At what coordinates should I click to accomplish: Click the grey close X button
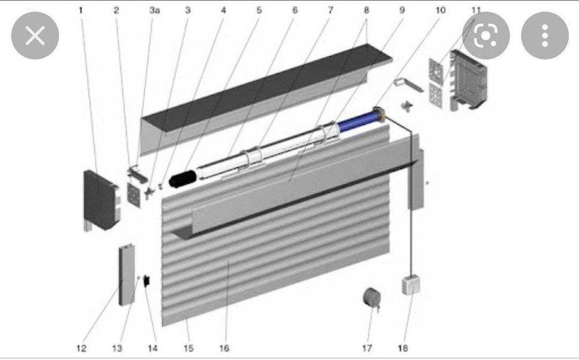click(x=35, y=35)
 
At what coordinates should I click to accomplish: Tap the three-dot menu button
click(x=545, y=35)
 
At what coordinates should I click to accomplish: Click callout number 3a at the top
click(x=155, y=10)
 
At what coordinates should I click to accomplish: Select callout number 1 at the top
click(x=81, y=10)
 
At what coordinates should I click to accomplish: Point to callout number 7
click(x=331, y=10)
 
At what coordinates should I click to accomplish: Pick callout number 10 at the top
click(x=441, y=10)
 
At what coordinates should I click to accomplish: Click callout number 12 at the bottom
click(x=81, y=348)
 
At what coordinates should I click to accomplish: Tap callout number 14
click(x=152, y=348)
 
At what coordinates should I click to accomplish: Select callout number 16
click(x=224, y=348)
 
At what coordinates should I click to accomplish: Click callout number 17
click(x=367, y=348)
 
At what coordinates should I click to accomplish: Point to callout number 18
click(x=403, y=348)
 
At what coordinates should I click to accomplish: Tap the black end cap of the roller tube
click(x=182, y=179)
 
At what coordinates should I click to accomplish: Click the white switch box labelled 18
click(x=411, y=285)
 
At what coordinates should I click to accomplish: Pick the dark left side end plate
click(x=100, y=200)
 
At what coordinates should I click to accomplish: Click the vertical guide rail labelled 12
click(x=127, y=275)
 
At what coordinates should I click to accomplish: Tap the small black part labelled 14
click(x=146, y=281)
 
